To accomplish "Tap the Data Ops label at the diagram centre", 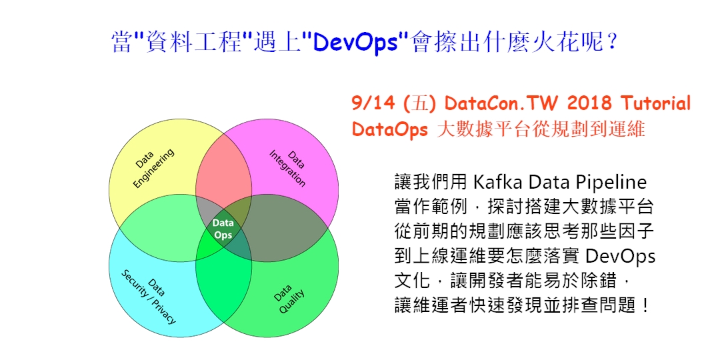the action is tap(223, 229).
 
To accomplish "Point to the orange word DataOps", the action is tap(390, 129).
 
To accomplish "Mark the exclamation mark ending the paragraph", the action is tap(646, 305).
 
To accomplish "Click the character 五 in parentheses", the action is tap(420, 104).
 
